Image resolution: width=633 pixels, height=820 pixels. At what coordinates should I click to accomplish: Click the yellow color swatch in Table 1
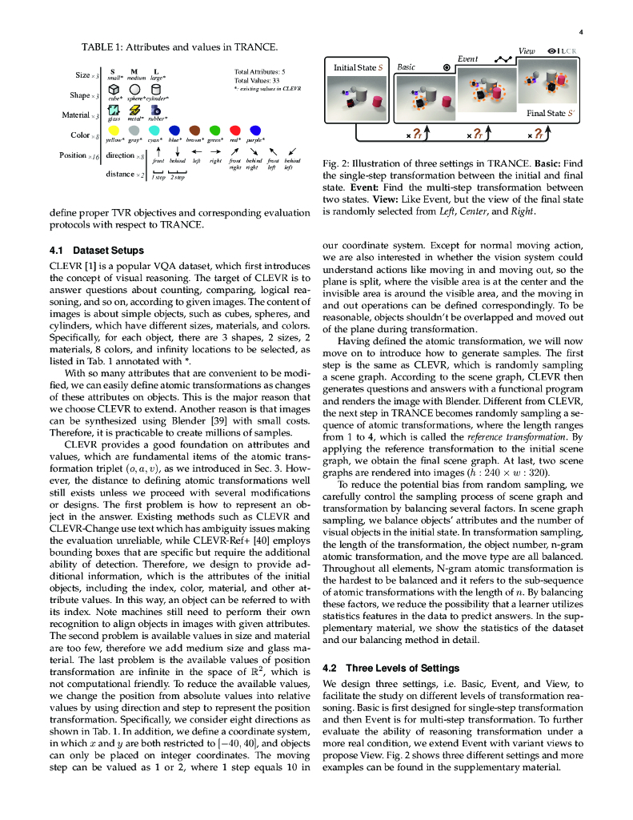tap(114, 130)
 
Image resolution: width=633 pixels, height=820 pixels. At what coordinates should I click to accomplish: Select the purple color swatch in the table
tap(255, 130)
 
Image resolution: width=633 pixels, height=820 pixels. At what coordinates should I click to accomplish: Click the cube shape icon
tap(114, 90)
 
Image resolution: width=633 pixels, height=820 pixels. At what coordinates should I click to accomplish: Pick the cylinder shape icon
tap(157, 90)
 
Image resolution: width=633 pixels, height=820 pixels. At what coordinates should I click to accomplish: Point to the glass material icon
tap(114, 111)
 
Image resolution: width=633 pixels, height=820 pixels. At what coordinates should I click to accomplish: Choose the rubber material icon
tap(157, 111)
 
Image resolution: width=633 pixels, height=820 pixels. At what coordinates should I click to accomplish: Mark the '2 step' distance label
tap(177, 177)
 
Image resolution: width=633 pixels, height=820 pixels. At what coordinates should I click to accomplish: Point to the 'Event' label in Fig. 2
tap(467, 59)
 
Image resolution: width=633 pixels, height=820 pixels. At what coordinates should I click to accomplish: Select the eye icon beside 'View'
tap(551, 50)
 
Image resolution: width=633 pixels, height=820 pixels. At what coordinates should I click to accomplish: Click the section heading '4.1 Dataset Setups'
tap(96, 250)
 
